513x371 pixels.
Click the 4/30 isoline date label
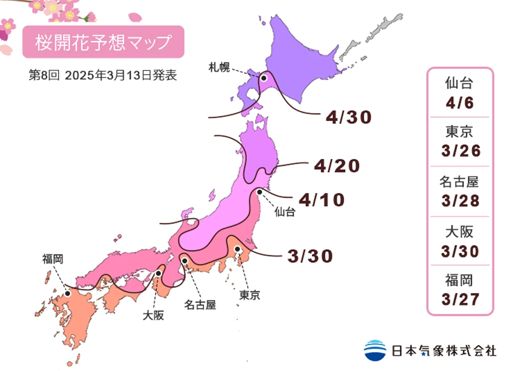tap(348, 118)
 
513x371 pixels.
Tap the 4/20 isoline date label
tap(337, 166)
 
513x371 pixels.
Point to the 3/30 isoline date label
tap(310, 255)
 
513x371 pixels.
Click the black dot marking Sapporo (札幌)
tap(263, 79)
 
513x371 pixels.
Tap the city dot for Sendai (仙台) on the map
tap(260, 192)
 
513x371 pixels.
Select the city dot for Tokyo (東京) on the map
tap(238, 249)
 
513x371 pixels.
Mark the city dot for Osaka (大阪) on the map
tap(159, 273)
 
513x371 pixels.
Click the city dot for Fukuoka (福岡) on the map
tap(68, 294)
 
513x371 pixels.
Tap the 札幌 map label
tap(219, 67)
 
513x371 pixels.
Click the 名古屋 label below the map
tap(200, 305)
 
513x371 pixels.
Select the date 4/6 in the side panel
tap(459, 103)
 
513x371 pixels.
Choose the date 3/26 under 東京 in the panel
tap(459, 151)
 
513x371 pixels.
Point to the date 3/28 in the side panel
tap(459, 200)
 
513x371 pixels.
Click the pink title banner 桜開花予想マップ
tap(103, 42)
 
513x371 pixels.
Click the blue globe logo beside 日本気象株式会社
tap(375, 350)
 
